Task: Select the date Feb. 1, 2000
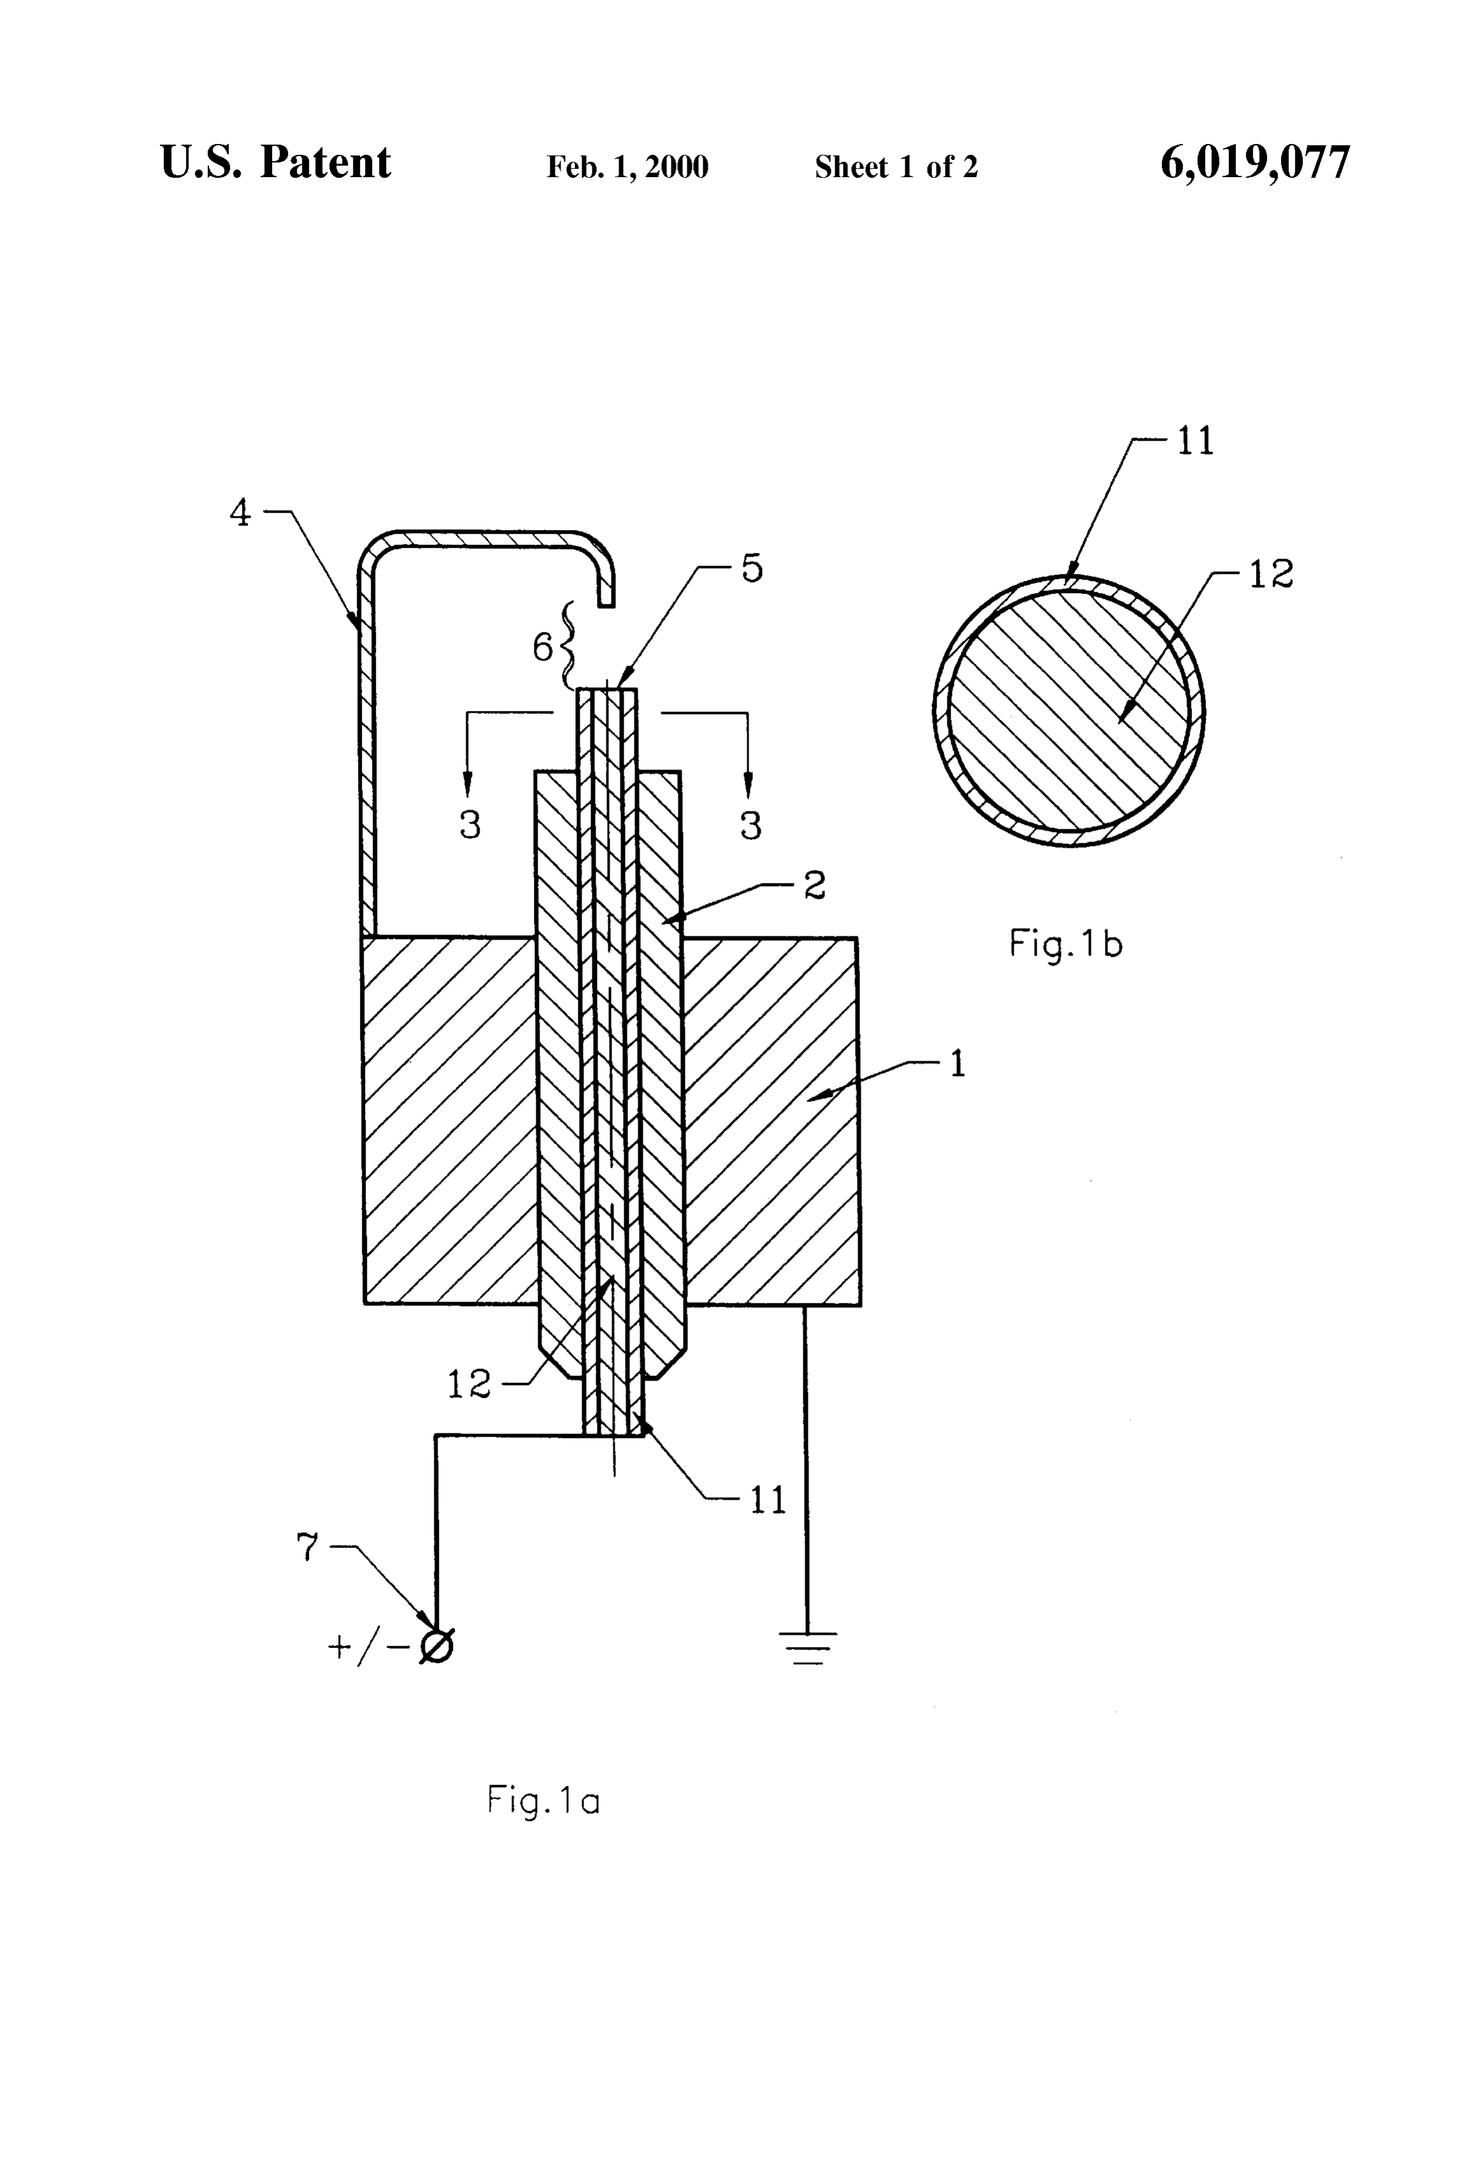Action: [x=627, y=167]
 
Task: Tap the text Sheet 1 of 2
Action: [x=896, y=167]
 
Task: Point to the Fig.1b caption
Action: [x=1065, y=945]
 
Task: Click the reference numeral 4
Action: [x=240, y=513]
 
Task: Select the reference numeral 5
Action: [x=752, y=568]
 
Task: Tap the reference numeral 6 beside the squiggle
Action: [x=543, y=647]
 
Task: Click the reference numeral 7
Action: [x=307, y=1548]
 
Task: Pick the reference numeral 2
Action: [x=815, y=885]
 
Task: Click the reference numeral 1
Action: [x=958, y=1064]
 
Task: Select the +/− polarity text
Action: [x=368, y=1647]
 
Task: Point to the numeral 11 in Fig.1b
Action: [x=1195, y=441]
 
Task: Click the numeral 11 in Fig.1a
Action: [x=768, y=1500]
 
